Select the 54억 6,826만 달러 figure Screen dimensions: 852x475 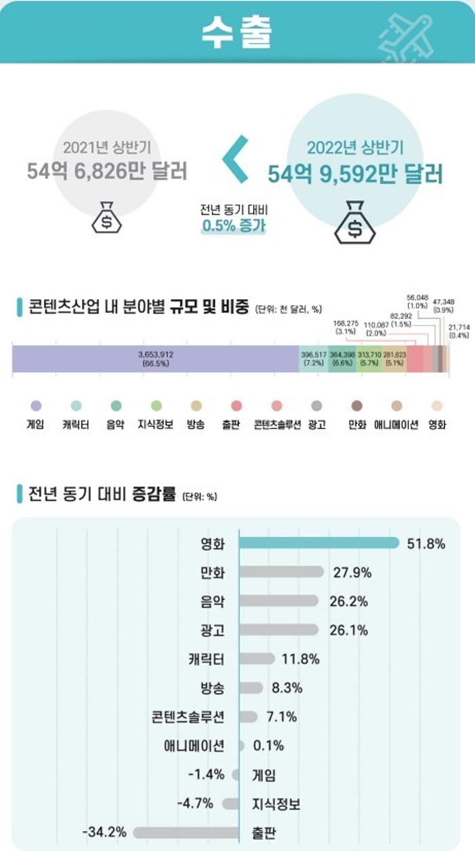pyautogui.click(x=107, y=171)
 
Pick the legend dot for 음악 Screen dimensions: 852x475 pyautogui.click(x=116, y=406)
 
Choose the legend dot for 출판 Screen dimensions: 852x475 pyautogui.click(x=236, y=406)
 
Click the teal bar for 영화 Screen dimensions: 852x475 pyautogui.click(x=319, y=543)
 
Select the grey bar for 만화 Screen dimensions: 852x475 pyautogui.click(x=282, y=572)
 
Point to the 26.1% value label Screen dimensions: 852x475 pyautogui.click(x=350, y=630)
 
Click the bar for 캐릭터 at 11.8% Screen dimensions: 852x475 pyautogui.click(x=257, y=659)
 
